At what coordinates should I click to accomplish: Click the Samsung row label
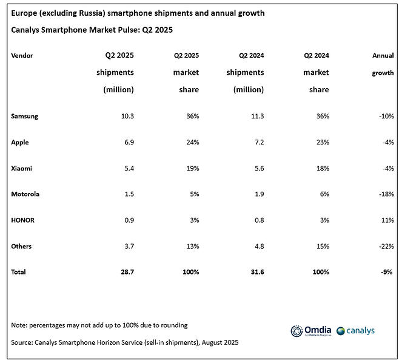tap(25, 117)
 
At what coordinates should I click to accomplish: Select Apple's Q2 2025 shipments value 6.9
tap(127, 143)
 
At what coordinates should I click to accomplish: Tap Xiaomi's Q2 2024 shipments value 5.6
tap(257, 169)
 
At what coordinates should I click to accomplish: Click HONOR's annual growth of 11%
tap(387, 220)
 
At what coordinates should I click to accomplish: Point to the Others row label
tap(21, 246)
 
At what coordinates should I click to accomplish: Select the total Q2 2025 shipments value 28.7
tap(125, 272)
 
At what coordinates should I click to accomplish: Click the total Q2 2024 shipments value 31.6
tap(255, 272)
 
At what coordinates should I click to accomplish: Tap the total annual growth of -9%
tap(386, 272)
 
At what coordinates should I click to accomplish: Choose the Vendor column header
tap(22, 55)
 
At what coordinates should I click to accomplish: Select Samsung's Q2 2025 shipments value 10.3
tap(125, 117)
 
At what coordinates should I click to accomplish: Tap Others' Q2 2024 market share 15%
tap(322, 246)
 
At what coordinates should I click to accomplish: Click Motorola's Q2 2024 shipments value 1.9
tap(257, 194)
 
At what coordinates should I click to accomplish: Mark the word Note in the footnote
tap(19, 325)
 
